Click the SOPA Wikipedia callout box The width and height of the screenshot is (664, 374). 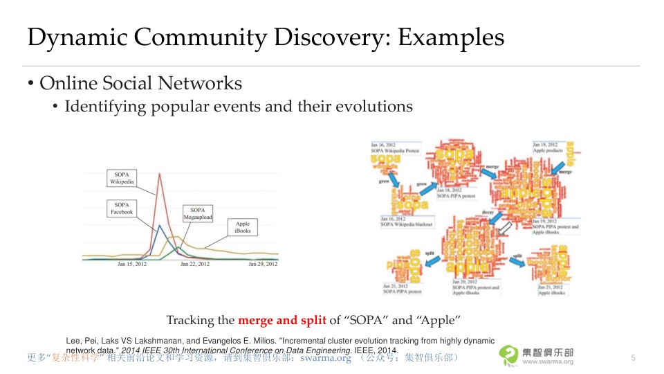tap(122, 177)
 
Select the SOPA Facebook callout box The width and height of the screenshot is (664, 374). tap(122, 208)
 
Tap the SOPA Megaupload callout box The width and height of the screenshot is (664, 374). tap(198, 213)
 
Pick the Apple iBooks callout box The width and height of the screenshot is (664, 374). tap(242, 226)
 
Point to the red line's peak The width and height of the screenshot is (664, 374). tap(160, 173)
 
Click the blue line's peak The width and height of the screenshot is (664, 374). tap(160, 225)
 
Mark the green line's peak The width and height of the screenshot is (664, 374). tap(178, 247)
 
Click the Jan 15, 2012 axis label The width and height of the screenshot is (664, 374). tap(131, 264)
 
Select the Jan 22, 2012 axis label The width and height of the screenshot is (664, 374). tap(196, 264)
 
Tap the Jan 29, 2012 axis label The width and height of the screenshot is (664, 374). tap(262, 264)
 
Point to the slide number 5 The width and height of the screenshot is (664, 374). tap(633, 357)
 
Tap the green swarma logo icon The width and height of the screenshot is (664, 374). tap(509, 355)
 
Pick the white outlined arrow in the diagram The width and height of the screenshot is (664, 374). tap(507, 226)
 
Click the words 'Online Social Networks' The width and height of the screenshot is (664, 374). tap(140, 84)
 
